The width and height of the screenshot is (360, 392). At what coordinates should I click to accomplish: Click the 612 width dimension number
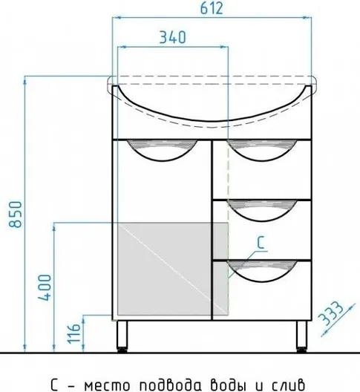212,8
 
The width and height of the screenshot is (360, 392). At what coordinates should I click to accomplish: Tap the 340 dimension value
173,37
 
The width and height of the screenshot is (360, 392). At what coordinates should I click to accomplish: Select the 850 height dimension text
16,214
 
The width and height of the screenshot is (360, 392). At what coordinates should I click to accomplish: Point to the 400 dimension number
45,287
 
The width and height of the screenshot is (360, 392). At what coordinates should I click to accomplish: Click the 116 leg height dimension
74,334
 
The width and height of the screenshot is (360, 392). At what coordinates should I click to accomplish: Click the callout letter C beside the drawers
261,242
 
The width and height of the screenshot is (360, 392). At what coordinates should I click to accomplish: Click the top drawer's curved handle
263,151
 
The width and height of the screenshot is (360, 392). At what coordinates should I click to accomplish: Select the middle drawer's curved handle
263,211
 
